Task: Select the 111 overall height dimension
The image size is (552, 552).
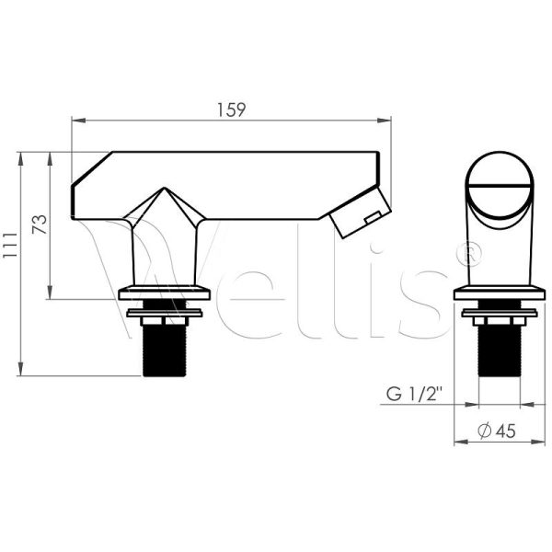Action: (10, 264)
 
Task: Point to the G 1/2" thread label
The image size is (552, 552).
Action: (412, 396)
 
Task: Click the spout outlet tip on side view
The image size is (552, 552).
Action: (359, 216)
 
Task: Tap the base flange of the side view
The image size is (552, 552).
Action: (167, 293)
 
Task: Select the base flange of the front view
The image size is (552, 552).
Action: (500, 293)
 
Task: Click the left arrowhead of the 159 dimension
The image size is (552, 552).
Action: (75, 120)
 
